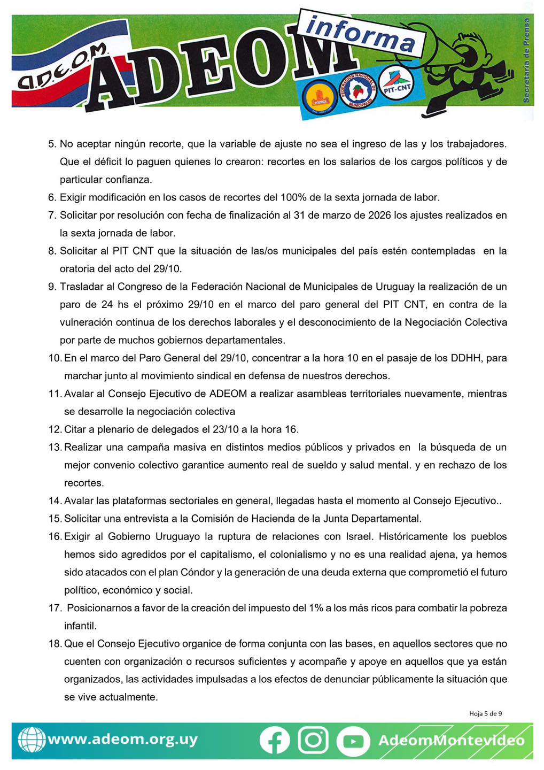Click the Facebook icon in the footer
tap(275, 741)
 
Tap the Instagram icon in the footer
tap(313, 740)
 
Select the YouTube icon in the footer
tap(353, 741)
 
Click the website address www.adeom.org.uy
tap(122, 740)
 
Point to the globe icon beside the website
tap(32, 740)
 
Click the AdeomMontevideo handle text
tap(452, 741)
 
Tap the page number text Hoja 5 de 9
tap(485, 713)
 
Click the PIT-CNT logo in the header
tap(397, 87)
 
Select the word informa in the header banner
tap(361, 34)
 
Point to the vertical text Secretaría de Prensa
tap(526, 60)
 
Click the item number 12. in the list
tap(55, 429)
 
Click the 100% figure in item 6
tap(293, 197)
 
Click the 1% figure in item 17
tap(316, 608)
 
